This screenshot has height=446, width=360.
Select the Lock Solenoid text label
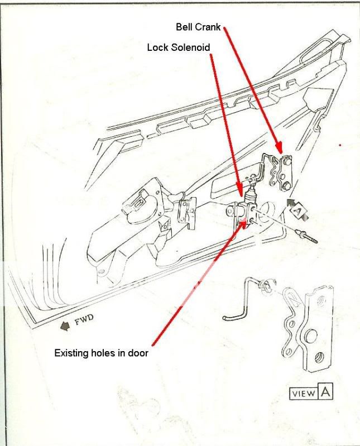pyautogui.click(x=179, y=48)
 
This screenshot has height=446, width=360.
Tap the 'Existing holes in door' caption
pyautogui.click(x=101, y=353)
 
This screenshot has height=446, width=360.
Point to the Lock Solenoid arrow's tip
pyautogui.click(x=241, y=195)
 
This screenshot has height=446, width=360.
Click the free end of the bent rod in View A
pyautogui.click(x=225, y=319)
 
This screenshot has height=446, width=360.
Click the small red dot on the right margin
pyautogui.click(x=340, y=145)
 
